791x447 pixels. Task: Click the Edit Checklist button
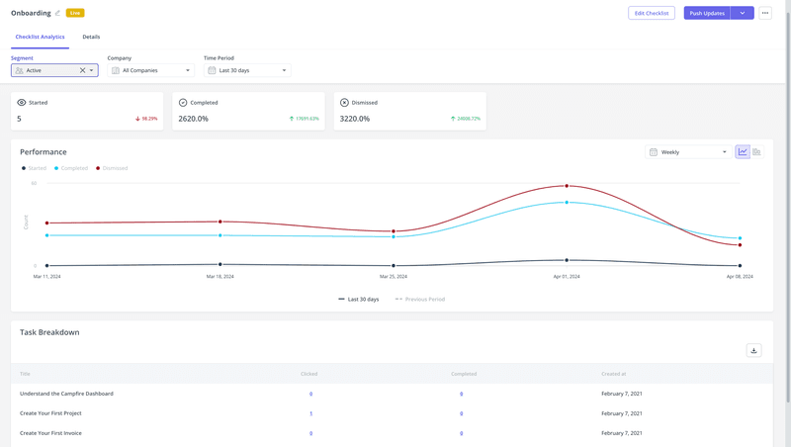651,13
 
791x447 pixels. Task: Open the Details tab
91,37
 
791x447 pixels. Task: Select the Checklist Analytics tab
40,37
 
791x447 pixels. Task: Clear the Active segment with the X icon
82,70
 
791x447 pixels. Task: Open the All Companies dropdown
151,70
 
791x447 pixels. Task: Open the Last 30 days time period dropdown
247,70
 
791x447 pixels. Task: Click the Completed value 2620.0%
194,119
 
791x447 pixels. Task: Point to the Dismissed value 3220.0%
354,119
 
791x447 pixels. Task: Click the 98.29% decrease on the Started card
146,119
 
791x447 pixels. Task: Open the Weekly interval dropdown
688,152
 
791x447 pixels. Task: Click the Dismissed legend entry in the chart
112,168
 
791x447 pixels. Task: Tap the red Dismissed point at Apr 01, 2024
567,186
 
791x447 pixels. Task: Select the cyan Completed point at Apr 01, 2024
567,202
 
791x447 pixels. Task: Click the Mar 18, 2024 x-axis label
220,277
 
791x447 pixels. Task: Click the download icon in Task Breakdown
753,350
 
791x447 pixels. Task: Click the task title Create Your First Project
50,413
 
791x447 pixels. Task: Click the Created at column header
613,374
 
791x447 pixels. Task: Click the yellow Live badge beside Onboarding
75,13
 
